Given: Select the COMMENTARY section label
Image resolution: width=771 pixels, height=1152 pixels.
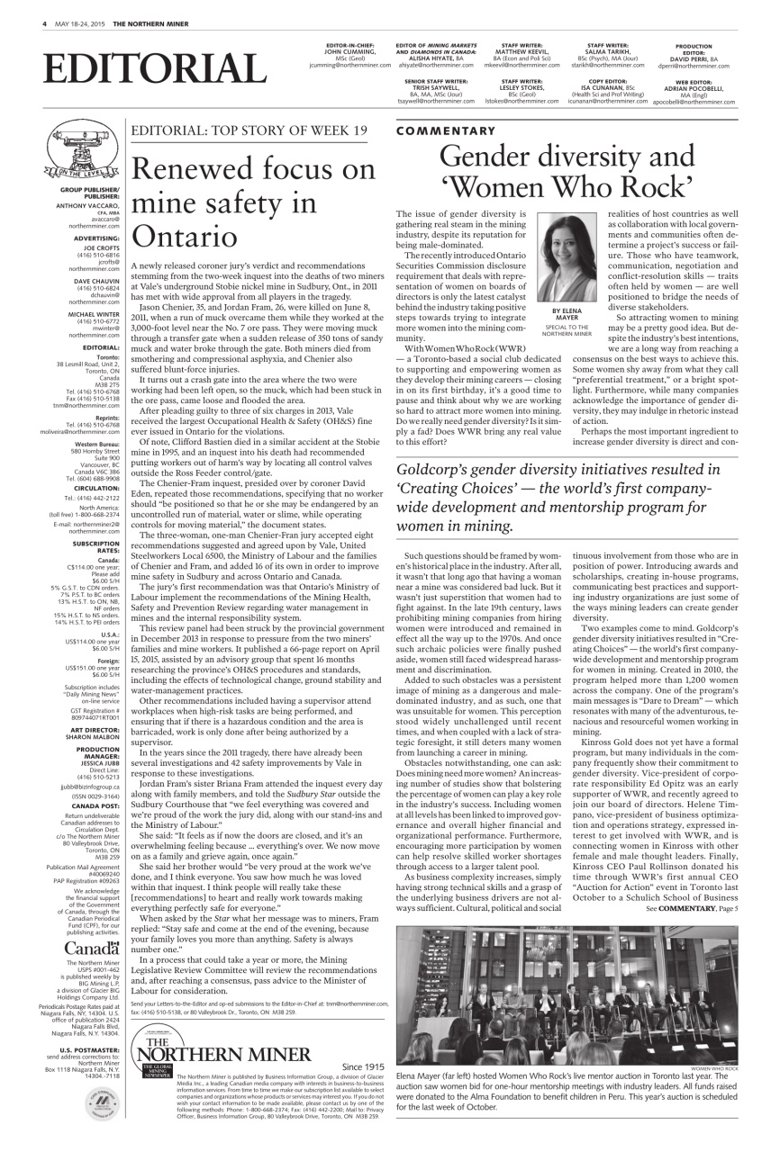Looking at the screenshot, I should (445, 131).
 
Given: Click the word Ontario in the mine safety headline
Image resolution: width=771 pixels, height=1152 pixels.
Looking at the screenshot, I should (185, 236).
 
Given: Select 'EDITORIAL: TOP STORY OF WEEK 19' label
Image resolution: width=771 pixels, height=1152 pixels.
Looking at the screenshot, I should (249, 131).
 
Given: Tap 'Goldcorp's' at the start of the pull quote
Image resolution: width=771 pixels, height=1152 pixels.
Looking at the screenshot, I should (435, 469).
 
